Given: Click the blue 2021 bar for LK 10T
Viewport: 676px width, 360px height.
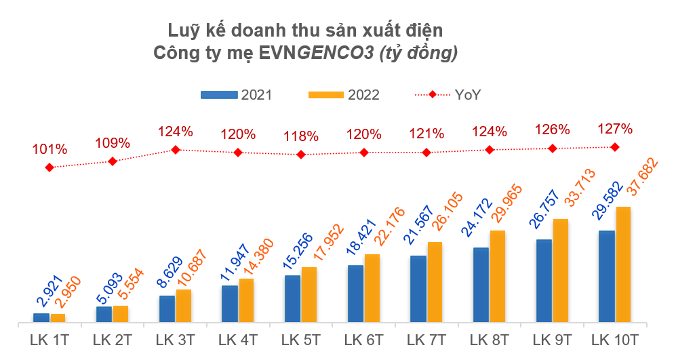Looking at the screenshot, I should tap(607, 276).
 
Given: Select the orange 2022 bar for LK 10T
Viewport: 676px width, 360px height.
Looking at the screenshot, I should tap(623, 264).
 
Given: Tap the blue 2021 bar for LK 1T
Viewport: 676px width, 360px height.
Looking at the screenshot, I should tap(41, 317).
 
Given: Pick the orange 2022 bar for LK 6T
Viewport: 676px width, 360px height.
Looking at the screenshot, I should tap(372, 287).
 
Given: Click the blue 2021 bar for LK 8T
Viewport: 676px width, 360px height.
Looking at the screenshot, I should tap(481, 285).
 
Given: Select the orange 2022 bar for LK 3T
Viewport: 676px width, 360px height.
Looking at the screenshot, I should tap(183, 305).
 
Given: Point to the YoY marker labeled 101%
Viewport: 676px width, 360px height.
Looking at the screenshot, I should tap(49, 167).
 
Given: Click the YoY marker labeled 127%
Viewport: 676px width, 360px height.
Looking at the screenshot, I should tap(615, 146).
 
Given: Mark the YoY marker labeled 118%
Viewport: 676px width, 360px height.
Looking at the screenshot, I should tap(301, 155).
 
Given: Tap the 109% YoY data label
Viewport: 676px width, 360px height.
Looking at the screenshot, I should tap(113, 143).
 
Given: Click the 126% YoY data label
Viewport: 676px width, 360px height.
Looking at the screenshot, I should tap(553, 129).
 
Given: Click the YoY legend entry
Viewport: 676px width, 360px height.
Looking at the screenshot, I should tap(448, 95).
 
